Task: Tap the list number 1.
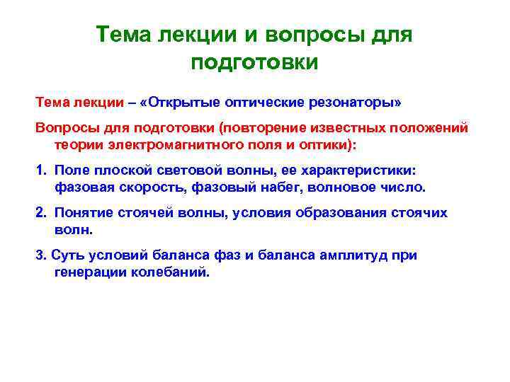pyautogui.click(x=40, y=171)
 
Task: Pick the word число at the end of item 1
pyautogui.click(x=407, y=187)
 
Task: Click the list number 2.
pyautogui.click(x=40, y=213)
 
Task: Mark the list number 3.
pyautogui.click(x=40, y=255)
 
